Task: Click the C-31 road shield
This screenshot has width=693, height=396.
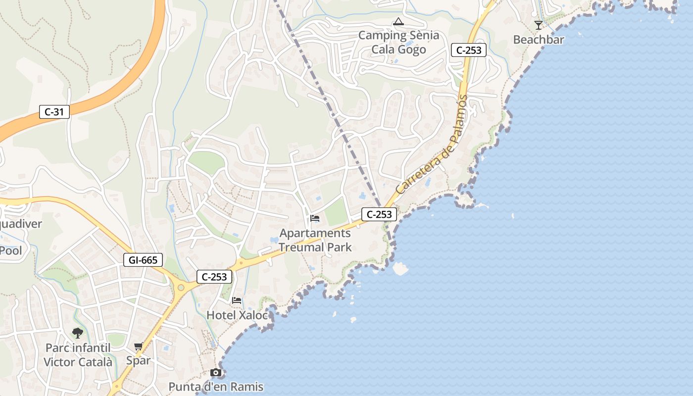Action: click(54, 112)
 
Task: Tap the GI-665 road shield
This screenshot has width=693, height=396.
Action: click(143, 260)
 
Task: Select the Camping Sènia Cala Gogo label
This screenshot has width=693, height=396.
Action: click(398, 42)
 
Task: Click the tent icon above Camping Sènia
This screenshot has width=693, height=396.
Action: click(398, 22)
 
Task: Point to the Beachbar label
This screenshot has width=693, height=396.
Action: click(539, 40)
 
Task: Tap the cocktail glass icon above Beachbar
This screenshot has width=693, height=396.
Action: click(539, 25)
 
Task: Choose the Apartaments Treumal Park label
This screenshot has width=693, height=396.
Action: click(315, 240)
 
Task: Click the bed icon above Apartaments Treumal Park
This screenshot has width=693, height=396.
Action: click(315, 218)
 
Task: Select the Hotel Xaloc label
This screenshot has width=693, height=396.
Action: click(237, 315)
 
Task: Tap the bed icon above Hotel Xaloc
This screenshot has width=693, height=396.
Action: click(237, 300)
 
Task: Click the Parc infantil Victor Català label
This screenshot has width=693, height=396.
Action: click(78, 355)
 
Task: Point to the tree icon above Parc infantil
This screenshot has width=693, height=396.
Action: click(78, 333)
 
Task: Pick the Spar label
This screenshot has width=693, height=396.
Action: click(138, 360)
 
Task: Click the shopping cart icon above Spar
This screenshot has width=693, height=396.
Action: click(139, 346)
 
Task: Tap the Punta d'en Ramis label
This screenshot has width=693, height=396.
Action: click(216, 387)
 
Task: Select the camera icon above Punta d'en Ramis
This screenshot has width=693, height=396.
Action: click(216, 372)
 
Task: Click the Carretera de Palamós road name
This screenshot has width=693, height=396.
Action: click(432, 146)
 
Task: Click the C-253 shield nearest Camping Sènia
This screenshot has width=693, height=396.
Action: click(469, 50)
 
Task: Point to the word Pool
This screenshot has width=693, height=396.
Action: click(11, 250)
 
